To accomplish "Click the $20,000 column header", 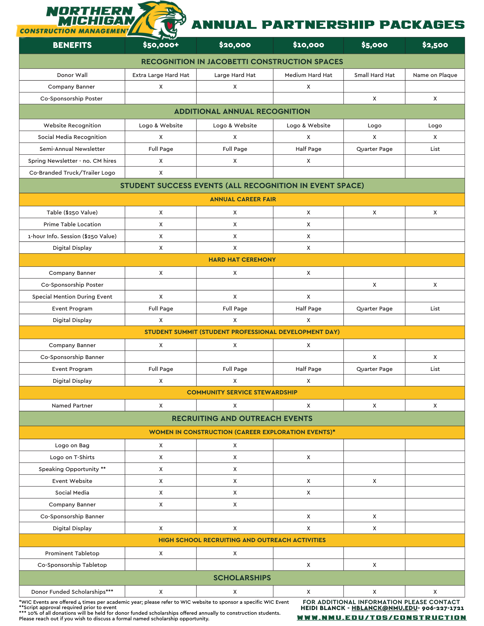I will (235, 45).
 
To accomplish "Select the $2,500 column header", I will (435, 45).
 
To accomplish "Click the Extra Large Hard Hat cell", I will (161, 75).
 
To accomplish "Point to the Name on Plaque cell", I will (435, 75).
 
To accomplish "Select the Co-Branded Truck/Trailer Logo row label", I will (72, 173).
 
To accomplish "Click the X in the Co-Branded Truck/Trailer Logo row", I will (161, 173).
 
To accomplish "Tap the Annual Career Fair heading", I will (243, 199).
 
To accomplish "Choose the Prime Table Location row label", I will (72, 224).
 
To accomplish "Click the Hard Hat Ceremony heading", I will (242, 260).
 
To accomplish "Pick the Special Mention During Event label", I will (72, 297).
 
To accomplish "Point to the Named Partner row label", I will (72, 406).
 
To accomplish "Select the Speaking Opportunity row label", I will (72, 469).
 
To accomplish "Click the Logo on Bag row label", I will (72, 445).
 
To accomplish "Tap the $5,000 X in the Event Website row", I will (374, 481).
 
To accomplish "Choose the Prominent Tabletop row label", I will (72, 553).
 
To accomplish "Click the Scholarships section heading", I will (242, 578).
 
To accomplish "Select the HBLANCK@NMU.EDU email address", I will (384, 608).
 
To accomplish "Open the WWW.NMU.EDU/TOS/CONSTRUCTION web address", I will (381, 618).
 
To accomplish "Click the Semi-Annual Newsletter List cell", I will (435, 149).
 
